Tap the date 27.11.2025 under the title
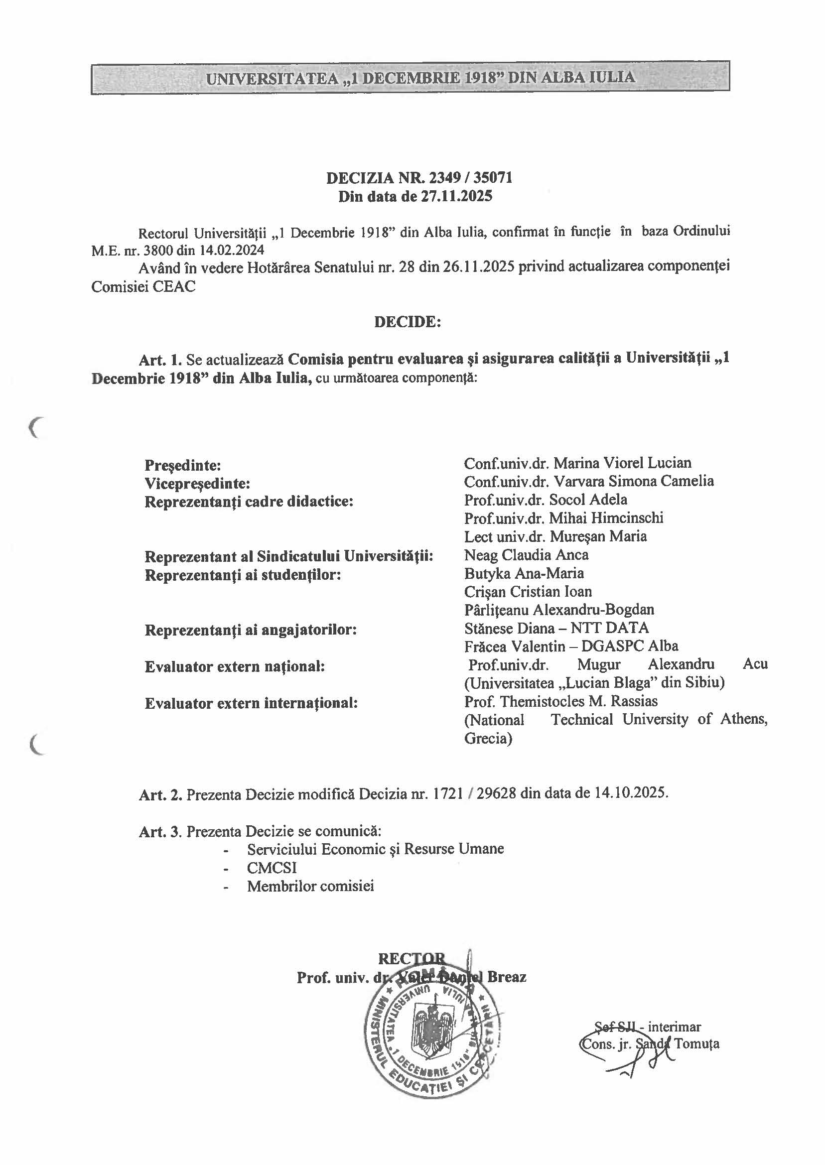coord(457,196)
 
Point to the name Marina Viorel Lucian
coord(622,463)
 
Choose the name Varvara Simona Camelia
coord(633,481)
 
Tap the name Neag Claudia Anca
coord(526,554)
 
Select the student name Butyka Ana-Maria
coord(524,573)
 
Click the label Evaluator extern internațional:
coord(252,703)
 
